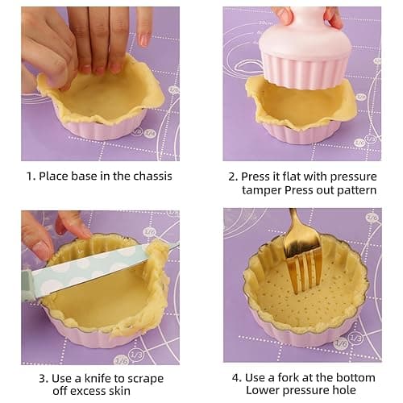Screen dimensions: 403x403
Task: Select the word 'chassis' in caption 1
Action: [149, 176]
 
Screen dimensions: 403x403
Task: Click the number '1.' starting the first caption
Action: [29, 176]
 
